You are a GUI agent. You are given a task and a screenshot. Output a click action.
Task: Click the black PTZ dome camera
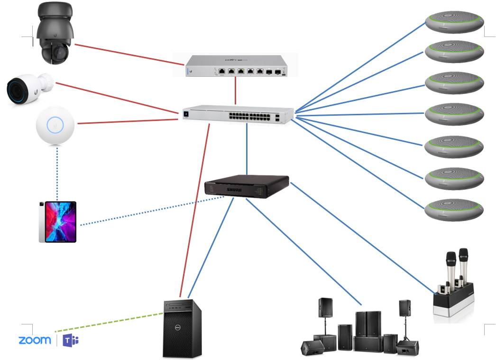coord(55,33)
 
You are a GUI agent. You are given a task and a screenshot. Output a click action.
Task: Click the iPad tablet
coord(57,222)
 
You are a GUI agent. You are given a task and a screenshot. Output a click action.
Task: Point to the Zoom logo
coord(35,340)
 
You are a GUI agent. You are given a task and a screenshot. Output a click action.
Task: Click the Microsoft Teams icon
coord(71,340)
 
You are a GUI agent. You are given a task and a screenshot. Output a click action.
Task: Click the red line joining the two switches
coord(236,91)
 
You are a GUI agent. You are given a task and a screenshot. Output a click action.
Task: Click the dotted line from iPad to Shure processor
coord(152,211)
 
